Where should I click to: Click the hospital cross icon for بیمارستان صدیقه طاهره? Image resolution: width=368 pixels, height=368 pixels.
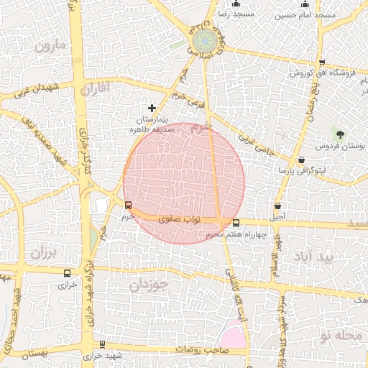coord(152,108)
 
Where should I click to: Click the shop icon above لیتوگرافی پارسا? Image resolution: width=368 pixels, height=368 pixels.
coord(300,160)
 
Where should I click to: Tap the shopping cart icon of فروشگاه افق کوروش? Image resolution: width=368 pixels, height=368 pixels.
coord(322,63)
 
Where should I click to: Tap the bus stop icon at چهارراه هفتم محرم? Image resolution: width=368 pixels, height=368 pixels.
coord(236,223)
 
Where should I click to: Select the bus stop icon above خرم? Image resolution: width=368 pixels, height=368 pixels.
coord(129,206)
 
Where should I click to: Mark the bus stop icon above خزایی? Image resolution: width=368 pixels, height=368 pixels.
coord(67,273)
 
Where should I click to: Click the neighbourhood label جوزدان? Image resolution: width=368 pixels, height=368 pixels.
coord(149,285)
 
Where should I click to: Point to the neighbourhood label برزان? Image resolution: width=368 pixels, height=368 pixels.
coord(43,254)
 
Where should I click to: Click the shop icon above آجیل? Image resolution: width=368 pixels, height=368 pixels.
coord(277,206)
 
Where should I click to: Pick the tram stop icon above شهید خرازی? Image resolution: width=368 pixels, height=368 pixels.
coord(102,345)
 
